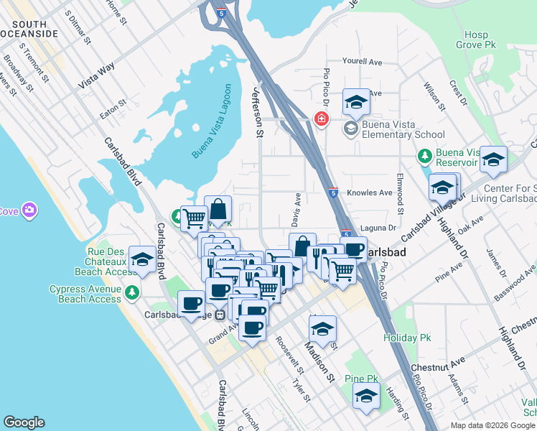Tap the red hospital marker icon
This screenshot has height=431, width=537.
[x=321, y=119]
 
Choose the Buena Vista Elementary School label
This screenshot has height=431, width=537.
[x=403, y=129]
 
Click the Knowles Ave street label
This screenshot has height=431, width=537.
[x=370, y=193]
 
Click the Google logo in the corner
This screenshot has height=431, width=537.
[x=24, y=422]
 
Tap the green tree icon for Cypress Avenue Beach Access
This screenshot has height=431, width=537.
[x=131, y=292]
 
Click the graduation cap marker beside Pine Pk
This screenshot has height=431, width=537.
[x=367, y=396]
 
